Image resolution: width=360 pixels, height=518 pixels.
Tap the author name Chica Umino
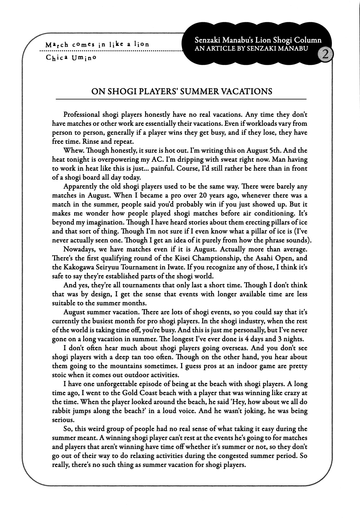(71, 57)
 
